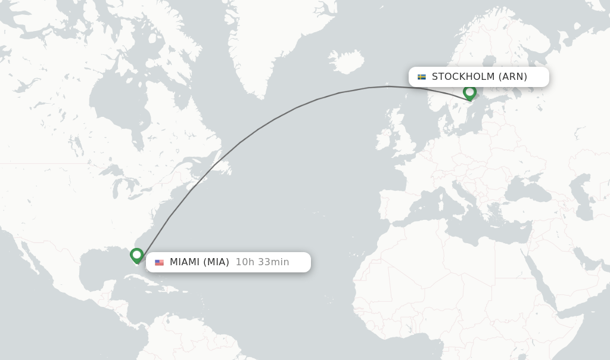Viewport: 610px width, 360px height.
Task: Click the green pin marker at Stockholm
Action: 469,92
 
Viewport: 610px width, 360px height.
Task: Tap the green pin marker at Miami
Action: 136,255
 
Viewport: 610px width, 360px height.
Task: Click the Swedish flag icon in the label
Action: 422,77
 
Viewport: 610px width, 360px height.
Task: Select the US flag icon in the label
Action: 159,262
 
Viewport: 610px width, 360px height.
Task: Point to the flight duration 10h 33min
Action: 262,262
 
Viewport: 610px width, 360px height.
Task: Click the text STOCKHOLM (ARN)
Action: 480,77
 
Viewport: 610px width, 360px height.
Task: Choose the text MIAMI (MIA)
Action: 200,262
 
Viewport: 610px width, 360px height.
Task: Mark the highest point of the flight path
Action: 387,86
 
